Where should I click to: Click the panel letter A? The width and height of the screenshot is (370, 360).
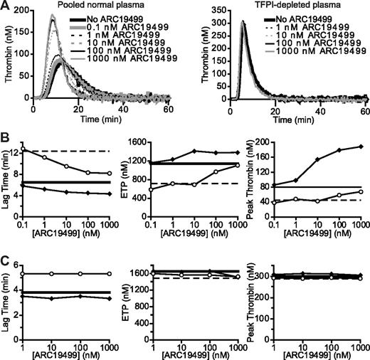click(6, 6)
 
